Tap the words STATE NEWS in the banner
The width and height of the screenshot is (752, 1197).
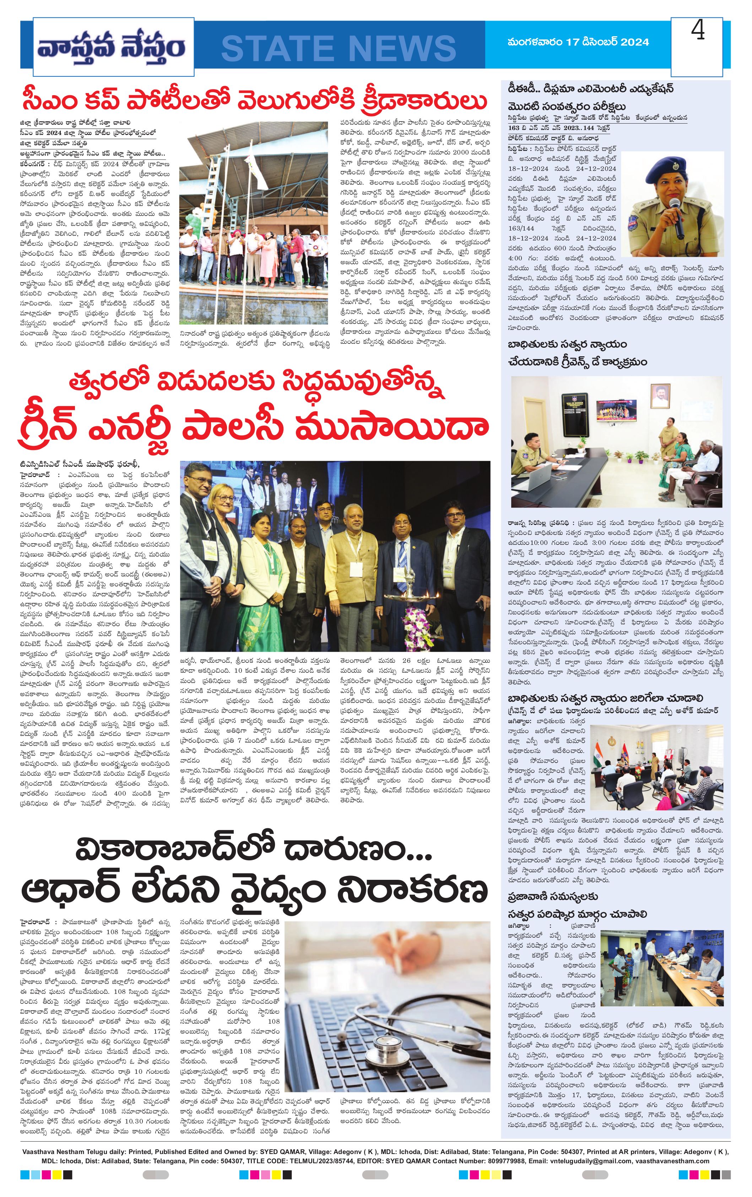tap(339, 48)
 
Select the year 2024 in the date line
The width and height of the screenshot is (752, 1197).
tap(631, 42)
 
